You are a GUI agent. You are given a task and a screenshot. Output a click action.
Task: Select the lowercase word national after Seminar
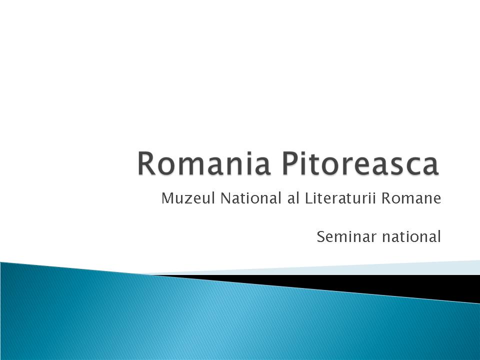[411, 236]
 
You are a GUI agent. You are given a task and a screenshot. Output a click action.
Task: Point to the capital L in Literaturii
[307, 199]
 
